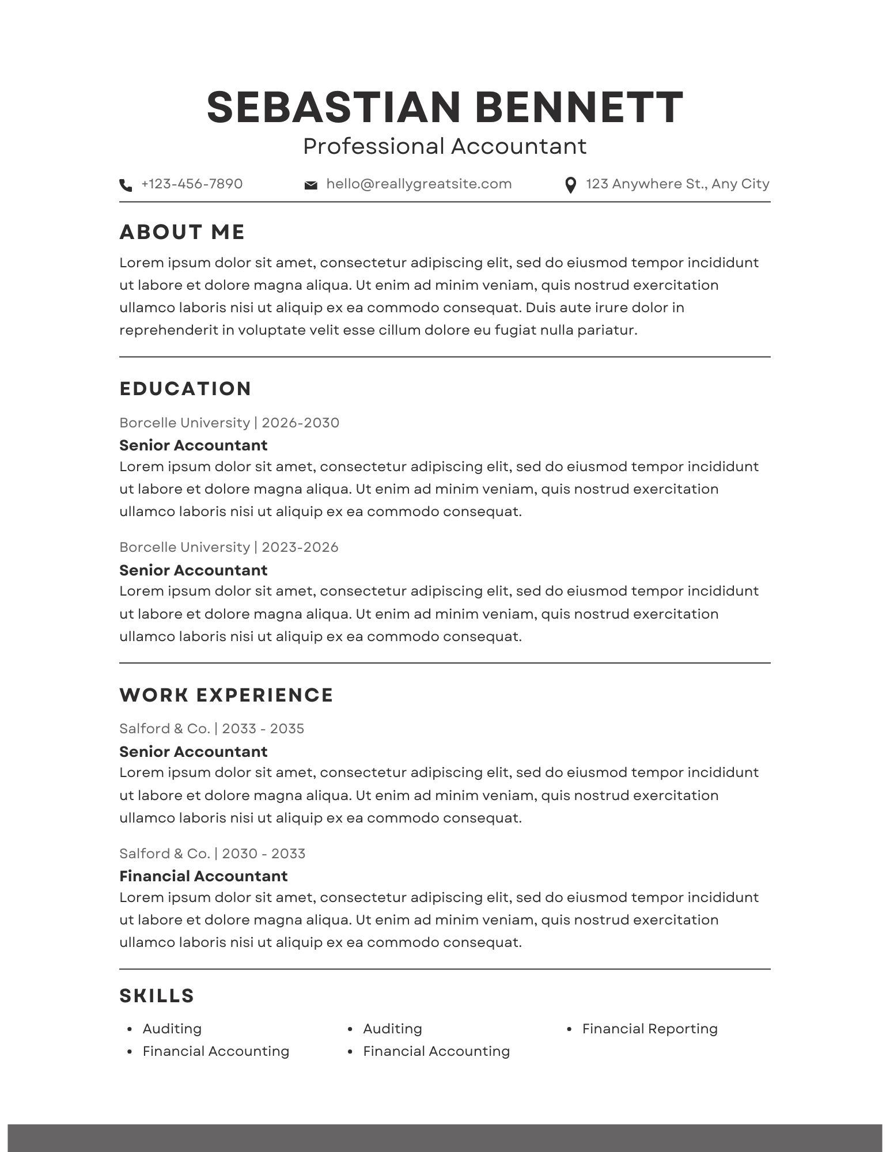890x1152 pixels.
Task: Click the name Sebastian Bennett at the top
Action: [x=445, y=108]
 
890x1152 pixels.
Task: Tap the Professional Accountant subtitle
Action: [x=445, y=146]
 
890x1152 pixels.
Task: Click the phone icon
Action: [x=125, y=185]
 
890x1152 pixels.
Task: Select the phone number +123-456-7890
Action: [x=192, y=184]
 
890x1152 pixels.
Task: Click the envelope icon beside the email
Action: [x=310, y=185]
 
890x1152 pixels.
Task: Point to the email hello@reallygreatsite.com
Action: [x=419, y=184]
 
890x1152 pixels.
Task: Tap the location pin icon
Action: [x=570, y=185]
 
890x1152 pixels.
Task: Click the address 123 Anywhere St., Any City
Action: [x=677, y=184]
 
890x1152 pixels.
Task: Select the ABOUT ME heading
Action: [x=182, y=232]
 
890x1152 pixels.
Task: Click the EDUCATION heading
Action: [x=185, y=389]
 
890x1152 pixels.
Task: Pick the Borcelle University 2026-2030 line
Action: [x=229, y=423]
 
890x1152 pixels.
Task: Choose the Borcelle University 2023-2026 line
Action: [x=229, y=547]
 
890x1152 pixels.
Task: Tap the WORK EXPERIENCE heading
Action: [x=226, y=695]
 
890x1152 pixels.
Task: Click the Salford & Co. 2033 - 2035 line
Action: [x=211, y=729]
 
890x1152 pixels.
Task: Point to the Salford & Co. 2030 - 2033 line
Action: [x=212, y=854]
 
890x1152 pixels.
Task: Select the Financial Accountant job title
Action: [x=203, y=876]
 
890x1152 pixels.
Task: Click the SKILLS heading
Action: [x=157, y=996]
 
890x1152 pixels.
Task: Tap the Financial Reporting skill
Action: [x=650, y=1029]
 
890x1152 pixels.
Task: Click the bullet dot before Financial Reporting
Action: [x=569, y=1029]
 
